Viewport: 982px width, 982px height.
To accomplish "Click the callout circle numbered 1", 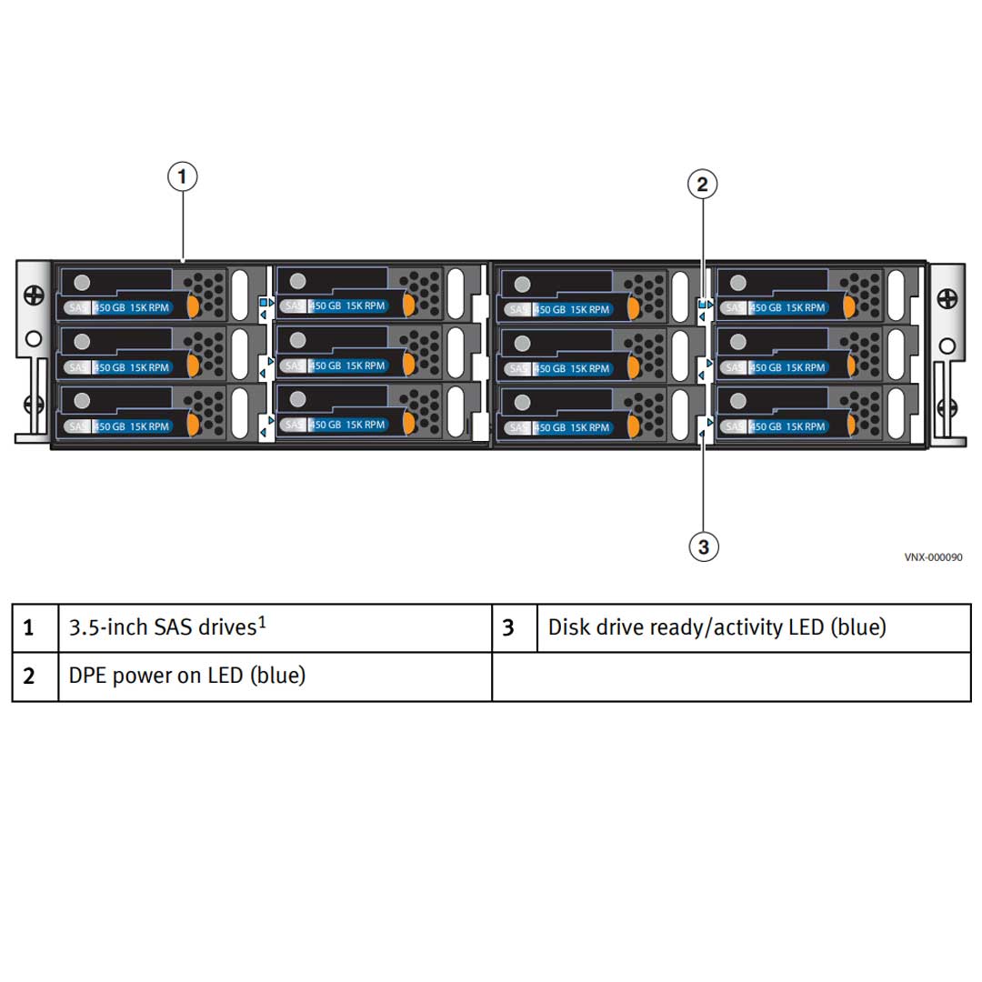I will (x=183, y=175).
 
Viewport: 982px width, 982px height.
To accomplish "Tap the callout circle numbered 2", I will (x=701, y=185).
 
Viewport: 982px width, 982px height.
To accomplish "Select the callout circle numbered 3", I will (x=703, y=546).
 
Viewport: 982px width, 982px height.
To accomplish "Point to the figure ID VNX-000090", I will (x=933, y=557).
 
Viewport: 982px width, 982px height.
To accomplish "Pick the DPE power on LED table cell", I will (x=187, y=676).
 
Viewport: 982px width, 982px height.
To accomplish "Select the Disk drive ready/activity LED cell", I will (x=716, y=627).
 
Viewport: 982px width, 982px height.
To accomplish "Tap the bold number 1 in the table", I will (x=29, y=628).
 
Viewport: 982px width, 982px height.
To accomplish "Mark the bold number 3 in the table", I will (x=508, y=628).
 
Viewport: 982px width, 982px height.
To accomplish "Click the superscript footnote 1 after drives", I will (x=262, y=622).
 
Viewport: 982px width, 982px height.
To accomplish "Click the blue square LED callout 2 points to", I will (x=701, y=305).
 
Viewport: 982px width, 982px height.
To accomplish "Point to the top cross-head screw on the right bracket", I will (x=947, y=298).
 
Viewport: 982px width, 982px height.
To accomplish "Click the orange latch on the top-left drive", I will (x=193, y=306).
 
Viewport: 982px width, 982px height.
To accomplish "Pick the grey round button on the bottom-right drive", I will (x=737, y=401).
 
